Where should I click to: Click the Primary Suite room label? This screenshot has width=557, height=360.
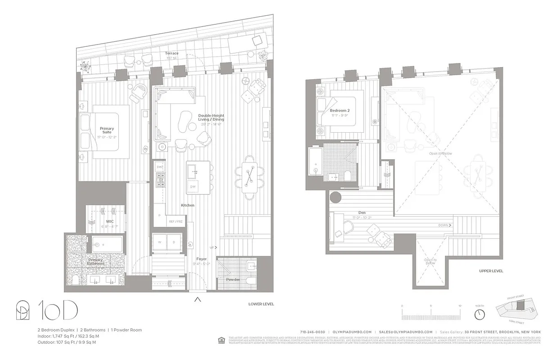pos(107,130)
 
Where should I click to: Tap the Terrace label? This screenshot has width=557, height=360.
pos(172,54)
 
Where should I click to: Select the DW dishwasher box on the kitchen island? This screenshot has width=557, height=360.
pos(192,187)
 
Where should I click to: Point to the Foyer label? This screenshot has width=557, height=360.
pos(202,259)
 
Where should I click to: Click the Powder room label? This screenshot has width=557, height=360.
pos(233,279)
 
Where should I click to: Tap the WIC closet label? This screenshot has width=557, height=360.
pos(110,221)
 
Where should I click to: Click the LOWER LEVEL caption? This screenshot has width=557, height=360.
pos(261,304)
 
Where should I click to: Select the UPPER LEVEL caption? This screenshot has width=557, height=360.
pos(491,271)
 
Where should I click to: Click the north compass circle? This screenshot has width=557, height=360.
pos(480,313)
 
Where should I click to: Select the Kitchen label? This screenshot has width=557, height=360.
pos(188,205)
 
